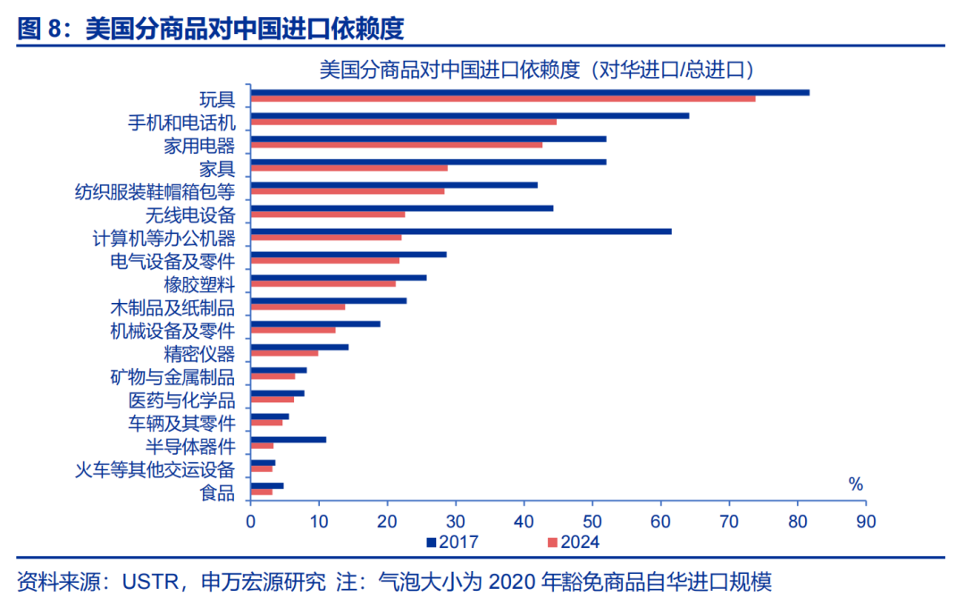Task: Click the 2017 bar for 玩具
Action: tap(530, 92)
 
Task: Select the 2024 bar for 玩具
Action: tap(503, 98)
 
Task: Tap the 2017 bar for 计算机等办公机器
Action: tap(461, 231)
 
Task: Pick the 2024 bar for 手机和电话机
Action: tap(404, 122)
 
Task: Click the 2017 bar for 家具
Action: tap(429, 162)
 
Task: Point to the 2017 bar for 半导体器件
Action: tap(289, 439)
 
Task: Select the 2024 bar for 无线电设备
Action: tap(328, 214)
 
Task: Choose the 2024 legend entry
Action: tap(573, 542)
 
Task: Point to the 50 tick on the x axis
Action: tap(592, 519)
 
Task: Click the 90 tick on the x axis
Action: tap(865, 519)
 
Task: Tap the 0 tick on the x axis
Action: tap(251, 519)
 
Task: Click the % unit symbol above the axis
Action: tap(855, 485)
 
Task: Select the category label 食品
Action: tap(218, 492)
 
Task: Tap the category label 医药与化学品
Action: tap(182, 400)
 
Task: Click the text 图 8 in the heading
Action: tap(42, 29)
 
